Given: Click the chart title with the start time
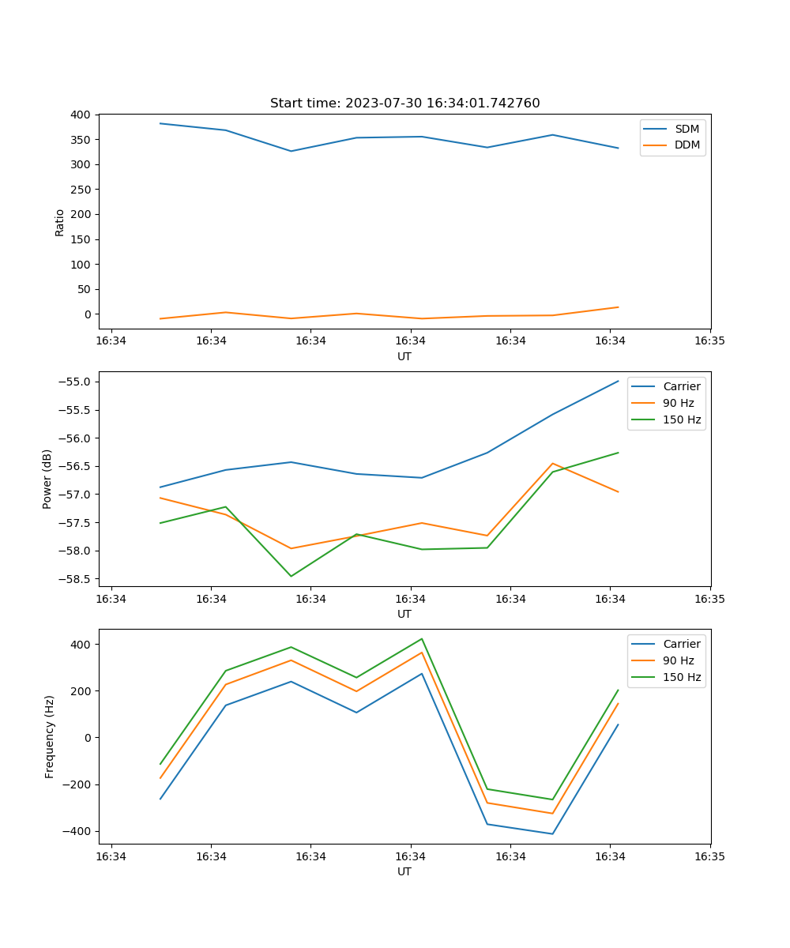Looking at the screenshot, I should tap(404, 103).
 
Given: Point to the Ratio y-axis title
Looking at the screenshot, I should tap(59, 222).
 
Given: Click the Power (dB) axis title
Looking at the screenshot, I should tap(47, 479).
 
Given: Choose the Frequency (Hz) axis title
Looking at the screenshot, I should tap(49, 736).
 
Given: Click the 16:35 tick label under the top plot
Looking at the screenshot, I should tap(709, 341).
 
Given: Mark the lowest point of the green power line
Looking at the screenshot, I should tap(291, 576).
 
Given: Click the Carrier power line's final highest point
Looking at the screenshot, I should tap(618, 381).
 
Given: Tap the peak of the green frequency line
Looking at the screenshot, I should tap(422, 638).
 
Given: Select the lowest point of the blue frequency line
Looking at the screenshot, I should tap(552, 833).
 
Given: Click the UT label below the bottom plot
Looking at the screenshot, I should tap(404, 871).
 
